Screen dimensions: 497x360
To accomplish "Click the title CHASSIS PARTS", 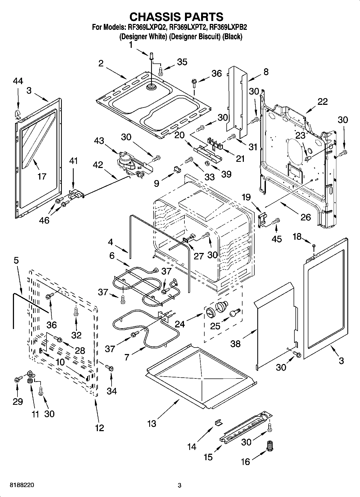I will (x=176, y=17).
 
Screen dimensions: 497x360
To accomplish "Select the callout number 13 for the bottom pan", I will (x=152, y=424).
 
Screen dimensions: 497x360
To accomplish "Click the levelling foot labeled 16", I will (x=269, y=448).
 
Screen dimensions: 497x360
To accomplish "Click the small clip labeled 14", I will (x=218, y=423).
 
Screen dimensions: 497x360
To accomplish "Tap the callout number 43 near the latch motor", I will (x=99, y=140).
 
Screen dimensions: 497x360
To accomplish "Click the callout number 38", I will (x=236, y=344).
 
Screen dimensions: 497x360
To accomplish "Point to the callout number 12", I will (x=99, y=428).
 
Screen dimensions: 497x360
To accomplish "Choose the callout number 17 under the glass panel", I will (x=42, y=176).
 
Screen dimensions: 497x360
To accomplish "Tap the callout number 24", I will (x=180, y=324).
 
